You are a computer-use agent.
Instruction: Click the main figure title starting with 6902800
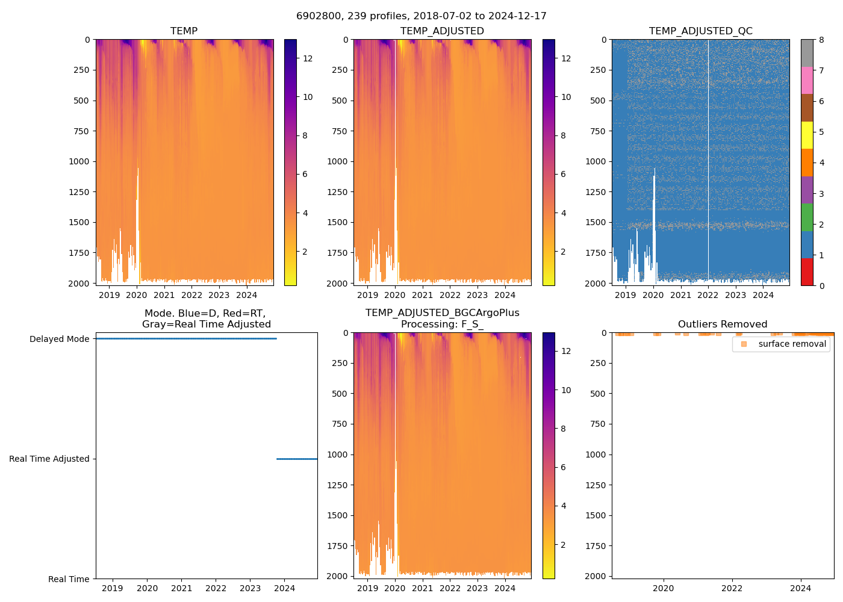coord(421,16)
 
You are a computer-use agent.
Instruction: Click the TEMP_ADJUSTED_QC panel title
coord(700,31)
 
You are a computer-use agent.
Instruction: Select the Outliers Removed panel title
coord(723,324)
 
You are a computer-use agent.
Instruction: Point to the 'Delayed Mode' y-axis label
coord(59,339)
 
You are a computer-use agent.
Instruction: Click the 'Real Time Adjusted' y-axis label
coord(49,459)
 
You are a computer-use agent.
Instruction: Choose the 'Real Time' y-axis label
coord(69,579)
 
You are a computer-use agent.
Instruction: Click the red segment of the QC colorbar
coord(807,272)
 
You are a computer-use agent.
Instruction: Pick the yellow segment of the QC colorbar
coord(807,135)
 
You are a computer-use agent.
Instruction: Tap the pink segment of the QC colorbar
coord(807,80)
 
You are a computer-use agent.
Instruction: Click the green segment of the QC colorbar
coord(807,217)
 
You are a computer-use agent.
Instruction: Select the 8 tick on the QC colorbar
coord(821,40)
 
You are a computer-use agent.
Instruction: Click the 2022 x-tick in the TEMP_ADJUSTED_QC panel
coord(708,295)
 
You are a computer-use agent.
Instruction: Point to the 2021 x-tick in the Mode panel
coord(182,588)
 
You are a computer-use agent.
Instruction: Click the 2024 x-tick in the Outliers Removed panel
coord(800,588)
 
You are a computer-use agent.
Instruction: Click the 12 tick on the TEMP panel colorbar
coord(308,58)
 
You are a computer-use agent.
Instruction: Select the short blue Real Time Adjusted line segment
coord(297,459)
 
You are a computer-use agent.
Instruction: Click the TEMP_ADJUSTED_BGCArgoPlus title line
coord(442,313)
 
